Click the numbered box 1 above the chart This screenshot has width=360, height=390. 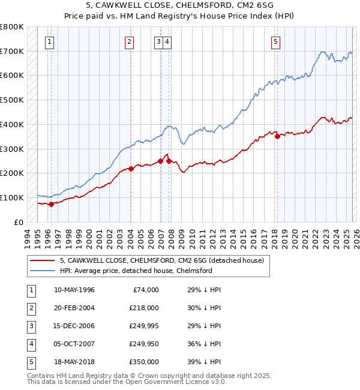(49, 42)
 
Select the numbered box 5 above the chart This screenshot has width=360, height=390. (275, 42)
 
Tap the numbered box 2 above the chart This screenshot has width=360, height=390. (129, 42)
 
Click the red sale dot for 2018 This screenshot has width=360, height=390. (277, 136)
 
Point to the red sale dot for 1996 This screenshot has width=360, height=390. (51, 204)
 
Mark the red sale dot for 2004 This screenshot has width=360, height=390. (131, 169)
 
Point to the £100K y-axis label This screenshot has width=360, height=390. (12, 197)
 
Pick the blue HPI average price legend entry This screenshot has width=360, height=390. (136, 271)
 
